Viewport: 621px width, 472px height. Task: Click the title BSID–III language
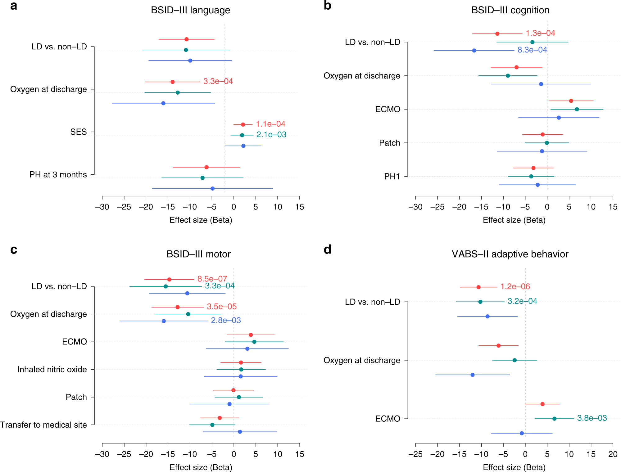(x=190, y=10)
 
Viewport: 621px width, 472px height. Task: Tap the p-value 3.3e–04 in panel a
(x=218, y=81)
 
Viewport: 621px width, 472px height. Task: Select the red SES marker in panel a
(x=243, y=124)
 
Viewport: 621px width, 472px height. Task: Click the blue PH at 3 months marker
(x=212, y=188)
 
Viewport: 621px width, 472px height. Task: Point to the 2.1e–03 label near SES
(x=271, y=135)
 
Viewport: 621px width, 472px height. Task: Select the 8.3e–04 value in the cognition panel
(x=532, y=50)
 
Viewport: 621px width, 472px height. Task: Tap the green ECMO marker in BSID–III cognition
(x=577, y=109)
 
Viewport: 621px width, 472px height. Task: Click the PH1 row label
(x=392, y=177)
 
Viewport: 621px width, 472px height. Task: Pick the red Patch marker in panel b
(x=542, y=134)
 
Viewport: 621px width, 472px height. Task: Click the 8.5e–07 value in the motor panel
(x=212, y=279)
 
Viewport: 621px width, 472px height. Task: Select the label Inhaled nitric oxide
(x=52, y=370)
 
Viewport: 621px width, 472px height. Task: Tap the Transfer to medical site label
(x=43, y=425)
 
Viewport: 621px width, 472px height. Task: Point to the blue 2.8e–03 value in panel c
(x=226, y=321)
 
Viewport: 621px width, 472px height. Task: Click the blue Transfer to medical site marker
(x=240, y=432)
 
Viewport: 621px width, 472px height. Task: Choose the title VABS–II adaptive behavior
(x=510, y=254)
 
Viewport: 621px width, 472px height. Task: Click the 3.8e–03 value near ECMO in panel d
(x=592, y=418)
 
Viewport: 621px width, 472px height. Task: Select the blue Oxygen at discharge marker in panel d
(x=473, y=375)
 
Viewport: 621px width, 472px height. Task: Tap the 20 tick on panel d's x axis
(x=613, y=454)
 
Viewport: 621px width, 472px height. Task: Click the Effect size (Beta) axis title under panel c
(x=201, y=467)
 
